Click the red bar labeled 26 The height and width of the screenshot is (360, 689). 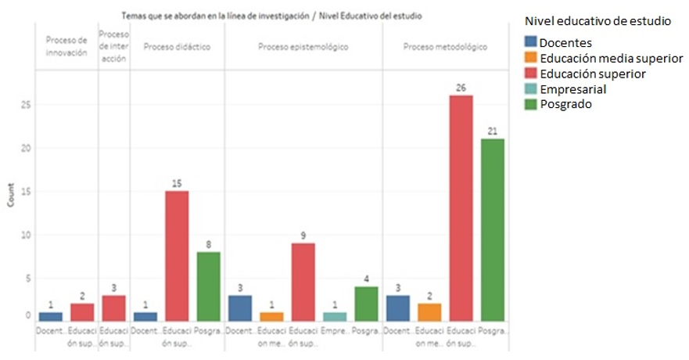[x=461, y=207]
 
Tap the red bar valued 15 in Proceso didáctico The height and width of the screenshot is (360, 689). [x=177, y=255]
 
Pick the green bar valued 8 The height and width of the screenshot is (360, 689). [x=208, y=286]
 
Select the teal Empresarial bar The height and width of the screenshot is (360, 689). [x=336, y=316]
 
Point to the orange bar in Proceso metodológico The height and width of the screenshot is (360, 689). [x=429, y=312]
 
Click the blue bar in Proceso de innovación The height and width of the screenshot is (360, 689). [x=51, y=316]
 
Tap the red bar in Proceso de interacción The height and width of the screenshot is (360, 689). [x=113, y=308]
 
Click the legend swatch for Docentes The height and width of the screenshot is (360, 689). [x=530, y=44]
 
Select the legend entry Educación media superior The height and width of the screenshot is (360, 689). [x=612, y=59]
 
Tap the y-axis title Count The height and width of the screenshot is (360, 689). [x=10, y=200]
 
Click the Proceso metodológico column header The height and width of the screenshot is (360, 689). [x=445, y=47]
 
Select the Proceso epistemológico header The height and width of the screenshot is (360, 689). [x=303, y=47]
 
